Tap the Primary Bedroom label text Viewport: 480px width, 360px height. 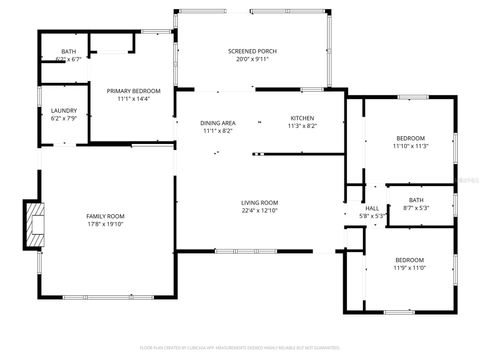click(x=134, y=91)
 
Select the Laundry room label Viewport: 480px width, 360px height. click(x=63, y=110)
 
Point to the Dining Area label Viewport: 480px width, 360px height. click(x=217, y=122)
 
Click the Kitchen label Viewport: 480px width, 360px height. click(x=302, y=118)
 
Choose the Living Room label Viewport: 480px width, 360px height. click(x=258, y=203)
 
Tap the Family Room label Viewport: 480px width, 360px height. click(x=103, y=216)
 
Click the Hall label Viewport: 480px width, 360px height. click(x=372, y=208)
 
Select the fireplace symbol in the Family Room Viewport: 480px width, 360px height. click(x=35, y=226)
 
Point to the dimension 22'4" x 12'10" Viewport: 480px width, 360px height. click(x=258, y=211)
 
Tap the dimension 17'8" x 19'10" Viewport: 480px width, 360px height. click(x=103, y=224)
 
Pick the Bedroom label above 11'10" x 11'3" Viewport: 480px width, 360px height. click(x=410, y=137)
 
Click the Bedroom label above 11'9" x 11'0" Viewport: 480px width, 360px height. click(x=410, y=260)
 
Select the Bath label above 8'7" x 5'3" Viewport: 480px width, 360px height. click(x=415, y=200)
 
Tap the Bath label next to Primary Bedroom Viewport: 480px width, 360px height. click(x=68, y=51)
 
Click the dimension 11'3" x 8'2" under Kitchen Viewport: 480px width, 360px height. click(x=302, y=126)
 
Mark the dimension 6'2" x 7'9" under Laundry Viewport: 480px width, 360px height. click(x=63, y=118)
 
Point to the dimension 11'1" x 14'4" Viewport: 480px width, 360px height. click(x=134, y=99)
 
